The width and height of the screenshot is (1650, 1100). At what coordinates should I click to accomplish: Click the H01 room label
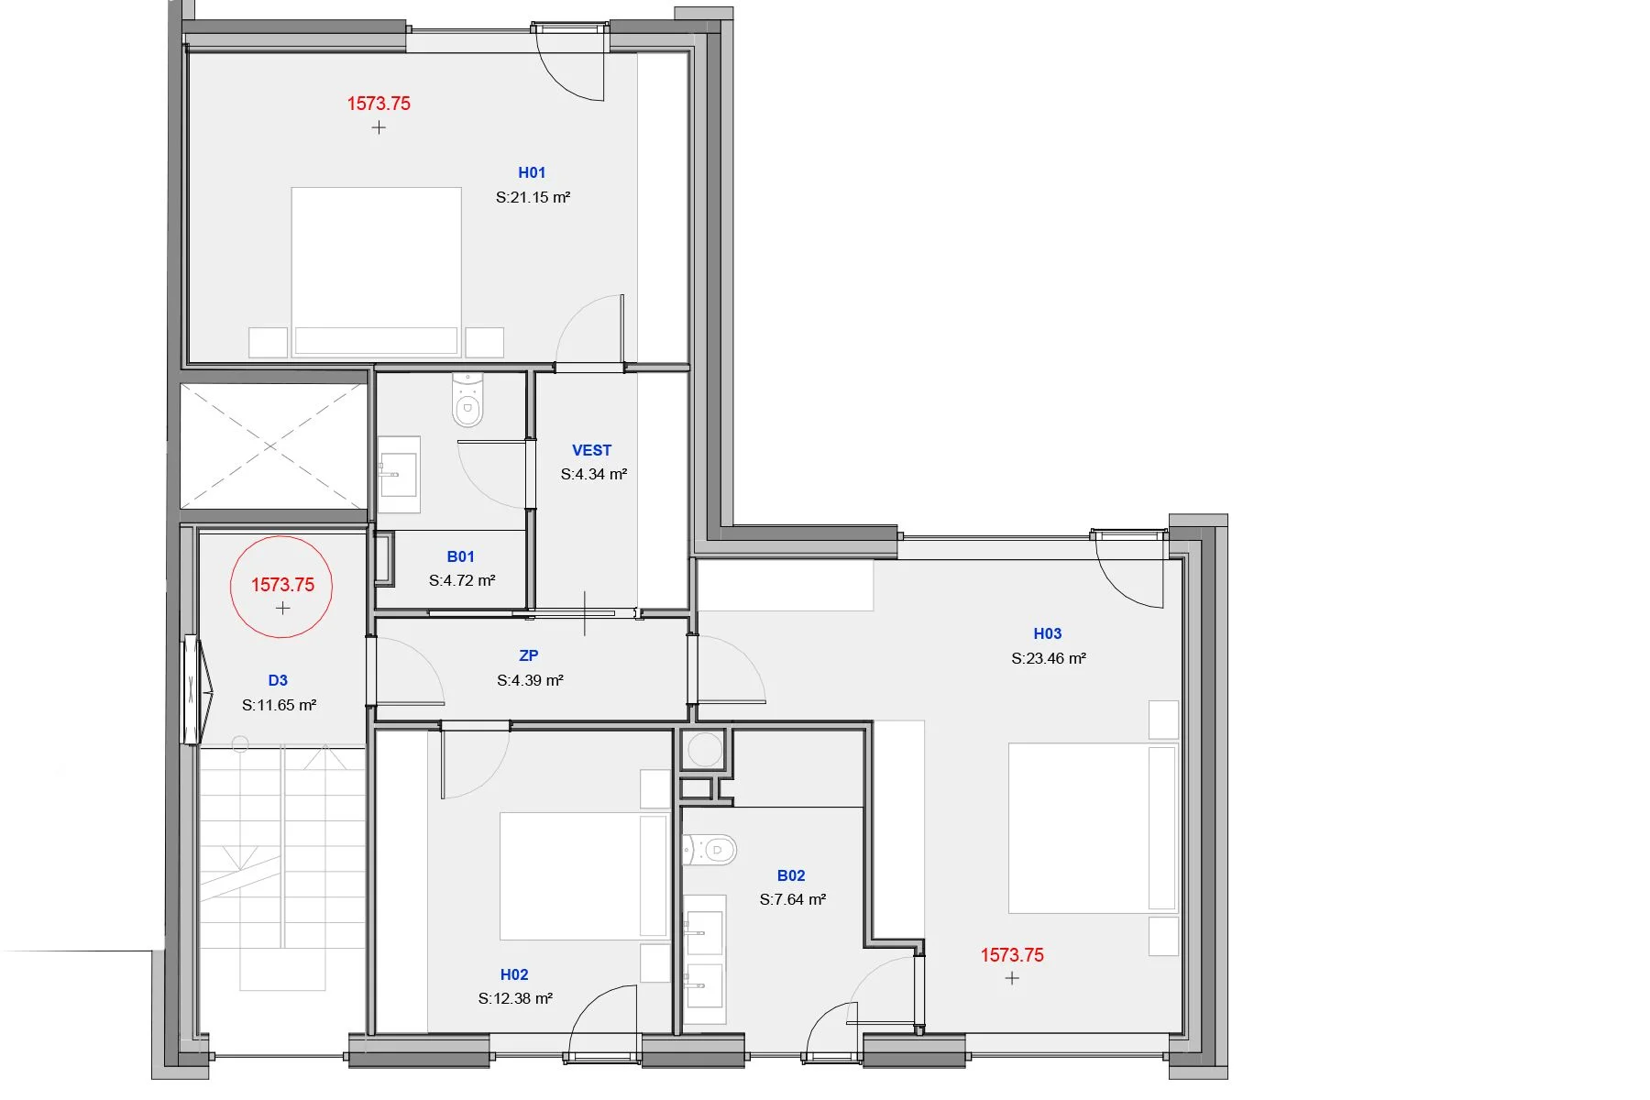coord(532,172)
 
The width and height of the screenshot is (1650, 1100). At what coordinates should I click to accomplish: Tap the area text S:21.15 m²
coord(533,197)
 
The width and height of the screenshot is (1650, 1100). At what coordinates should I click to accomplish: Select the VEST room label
coord(591,450)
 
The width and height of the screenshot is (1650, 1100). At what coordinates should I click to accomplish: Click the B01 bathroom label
coord(460,556)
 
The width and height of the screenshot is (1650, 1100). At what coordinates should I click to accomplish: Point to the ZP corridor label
coord(529,655)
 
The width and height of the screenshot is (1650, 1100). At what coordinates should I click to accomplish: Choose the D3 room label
coord(278,680)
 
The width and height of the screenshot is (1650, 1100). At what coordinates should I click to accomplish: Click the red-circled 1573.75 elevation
coord(282,585)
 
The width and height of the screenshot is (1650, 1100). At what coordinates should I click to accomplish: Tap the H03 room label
coord(1048,633)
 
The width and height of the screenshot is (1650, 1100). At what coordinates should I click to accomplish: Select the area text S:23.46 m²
coord(1049,658)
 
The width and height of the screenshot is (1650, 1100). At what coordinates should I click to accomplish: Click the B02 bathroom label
coord(791,875)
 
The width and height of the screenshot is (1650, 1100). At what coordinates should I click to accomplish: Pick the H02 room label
coord(514,974)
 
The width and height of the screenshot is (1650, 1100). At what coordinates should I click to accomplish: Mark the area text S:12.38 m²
coord(515,998)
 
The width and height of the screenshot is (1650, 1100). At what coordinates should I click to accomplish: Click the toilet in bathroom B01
coord(467,400)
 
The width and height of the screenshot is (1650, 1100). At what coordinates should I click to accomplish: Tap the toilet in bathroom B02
coord(709,850)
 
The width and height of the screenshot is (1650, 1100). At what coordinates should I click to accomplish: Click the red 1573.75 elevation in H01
coord(379,104)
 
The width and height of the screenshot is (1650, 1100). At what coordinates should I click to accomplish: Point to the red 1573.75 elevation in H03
coord(1012,955)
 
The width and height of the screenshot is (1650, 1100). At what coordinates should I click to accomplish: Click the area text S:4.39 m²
coord(530,680)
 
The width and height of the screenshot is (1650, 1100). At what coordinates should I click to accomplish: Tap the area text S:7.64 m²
coord(793,899)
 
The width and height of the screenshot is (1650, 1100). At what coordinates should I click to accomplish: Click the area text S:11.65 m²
coord(279,705)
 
